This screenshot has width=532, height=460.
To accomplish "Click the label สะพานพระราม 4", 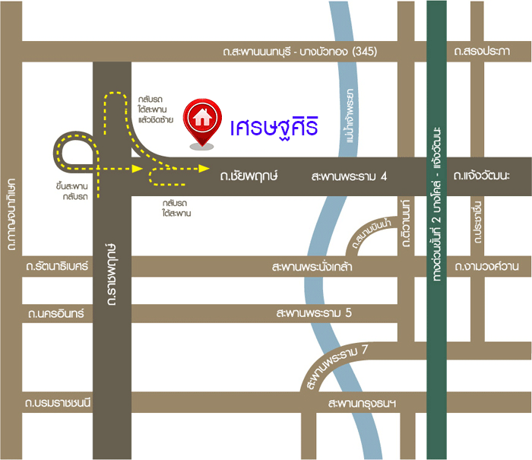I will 350,176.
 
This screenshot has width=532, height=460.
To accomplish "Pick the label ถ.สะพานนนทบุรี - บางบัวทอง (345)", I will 300,52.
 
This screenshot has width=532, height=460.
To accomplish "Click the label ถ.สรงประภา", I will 481,52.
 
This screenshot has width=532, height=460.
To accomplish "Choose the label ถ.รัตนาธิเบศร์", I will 57,267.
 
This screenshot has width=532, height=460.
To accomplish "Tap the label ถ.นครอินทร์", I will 55,313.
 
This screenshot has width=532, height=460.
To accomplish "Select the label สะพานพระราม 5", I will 314,313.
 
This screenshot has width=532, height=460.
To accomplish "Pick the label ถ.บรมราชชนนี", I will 58,403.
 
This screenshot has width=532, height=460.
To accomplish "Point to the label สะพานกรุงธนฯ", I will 363,403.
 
